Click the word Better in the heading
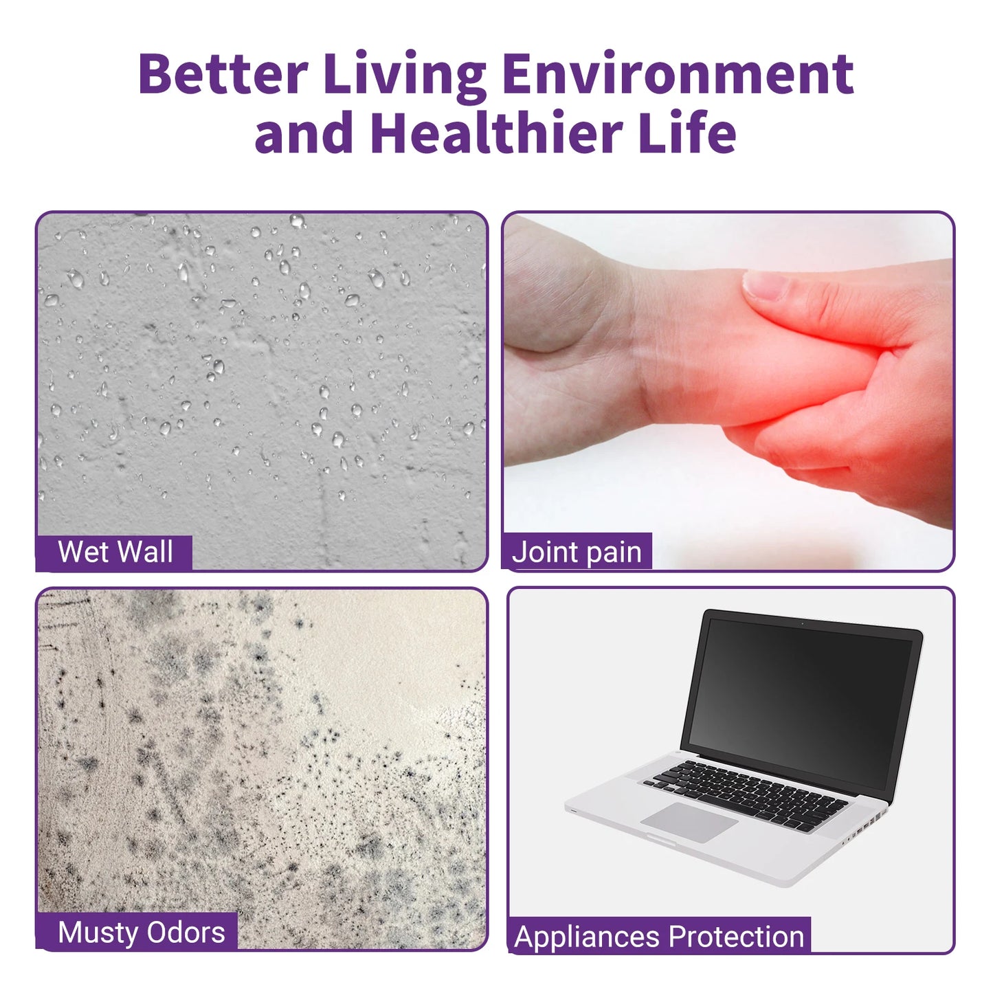point(222,74)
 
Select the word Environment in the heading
point(678,74)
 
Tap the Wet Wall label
point(115,553)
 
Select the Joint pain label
point(577,553)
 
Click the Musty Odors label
point(141,933)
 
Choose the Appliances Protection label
point(659,937)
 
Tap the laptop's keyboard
point(749,793)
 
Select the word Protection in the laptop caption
point(736,937)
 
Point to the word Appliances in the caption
point(588,937)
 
